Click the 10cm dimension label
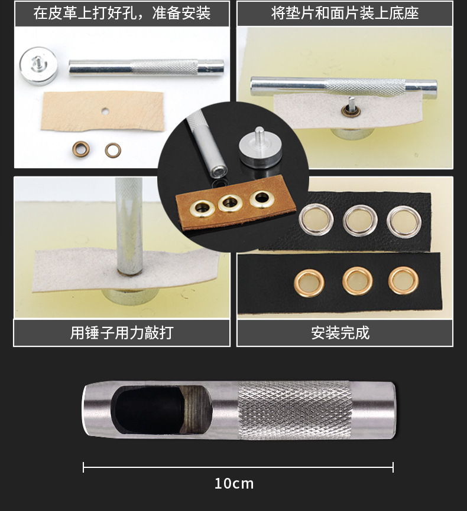(234, 484)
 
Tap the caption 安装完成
(340, 333)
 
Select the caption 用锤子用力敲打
(122, 333)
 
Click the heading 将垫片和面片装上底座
(345, 13)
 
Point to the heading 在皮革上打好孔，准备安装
(122, 13)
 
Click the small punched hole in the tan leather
(105, 112)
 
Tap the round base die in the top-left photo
(38, 65)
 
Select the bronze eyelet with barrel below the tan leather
(80, 150)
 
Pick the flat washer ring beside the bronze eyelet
(113, 150)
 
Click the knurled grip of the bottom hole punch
(295, 410)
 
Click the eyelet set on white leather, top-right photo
(351, 111)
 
